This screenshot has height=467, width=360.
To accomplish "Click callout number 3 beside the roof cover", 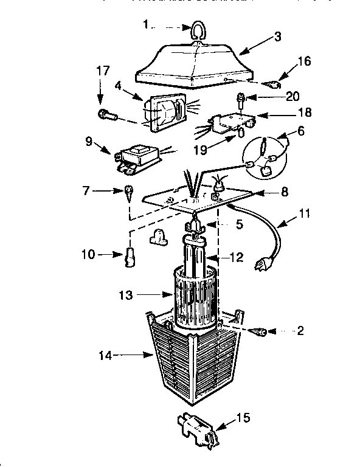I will point(278,36).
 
